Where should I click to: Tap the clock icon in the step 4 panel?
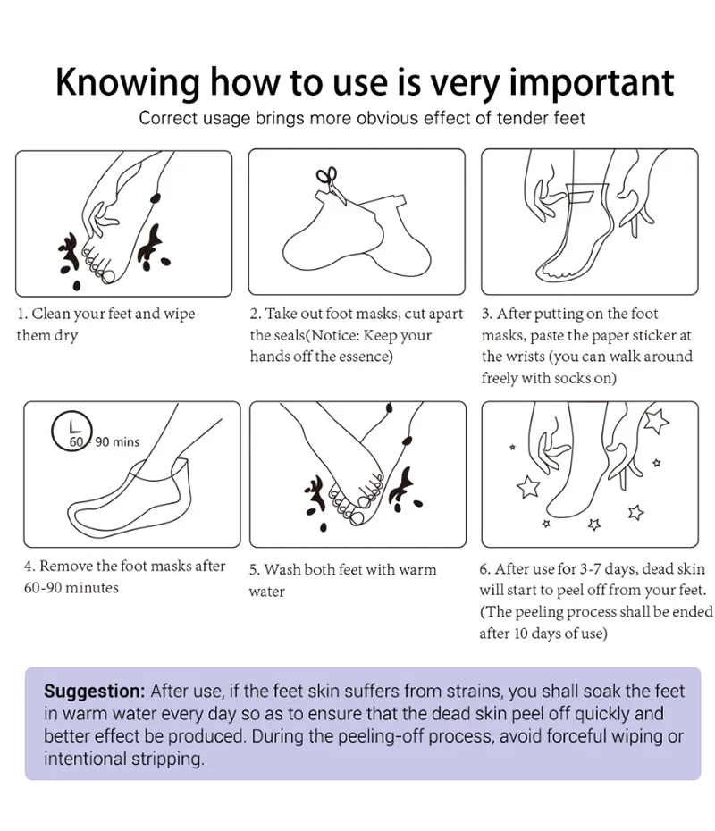pyautogui.click(x=71, y=431)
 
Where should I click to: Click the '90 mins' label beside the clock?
pyautogui.click(x=117, y=441)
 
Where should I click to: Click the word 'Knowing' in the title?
pyautogui.click(x=128, y=83)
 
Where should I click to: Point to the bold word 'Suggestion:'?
pyautogui.click(x=95, y=691)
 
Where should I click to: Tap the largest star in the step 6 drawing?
pyautogui.click(x=656, y=422)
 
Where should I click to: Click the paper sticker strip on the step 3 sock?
pyautogui.click(x=581, y=196)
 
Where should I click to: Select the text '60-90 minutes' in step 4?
pyautogui.click(x=71, y=588)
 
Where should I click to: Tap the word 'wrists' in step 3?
pyautogui.click(x=520, y=357)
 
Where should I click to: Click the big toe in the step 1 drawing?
pyautogui.click(x=109, y=275)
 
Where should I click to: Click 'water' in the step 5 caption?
pyautogui.click(x=266, y=592)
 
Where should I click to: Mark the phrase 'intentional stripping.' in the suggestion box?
pyautogui.click(x=123, y=759)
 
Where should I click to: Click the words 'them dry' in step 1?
pyautogui.click(x=46, y=336)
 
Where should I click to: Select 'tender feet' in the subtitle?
pyautogui.click(x=541, y=118)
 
